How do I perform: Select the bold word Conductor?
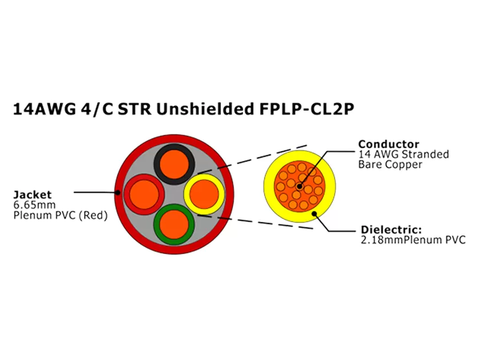[389, 144]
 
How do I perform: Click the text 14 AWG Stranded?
[403, 154]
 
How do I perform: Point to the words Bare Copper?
[390, 165]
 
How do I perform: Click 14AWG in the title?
[43, 109]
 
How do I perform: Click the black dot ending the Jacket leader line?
[118, 193]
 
